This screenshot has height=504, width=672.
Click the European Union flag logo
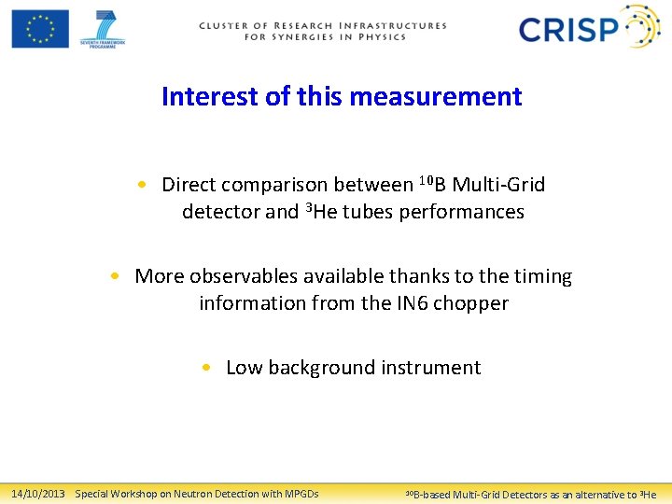pos(40,28)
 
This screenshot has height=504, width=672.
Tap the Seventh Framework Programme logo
pos(103,28)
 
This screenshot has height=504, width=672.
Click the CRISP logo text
pos(569,29)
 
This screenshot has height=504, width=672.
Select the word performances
pos(461,212)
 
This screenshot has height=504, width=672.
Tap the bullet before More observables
pos(113,276)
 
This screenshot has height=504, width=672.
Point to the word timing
pos(539,276)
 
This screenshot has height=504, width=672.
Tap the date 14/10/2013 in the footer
pos(37,494)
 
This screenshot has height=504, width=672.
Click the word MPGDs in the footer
pos(298,494)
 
